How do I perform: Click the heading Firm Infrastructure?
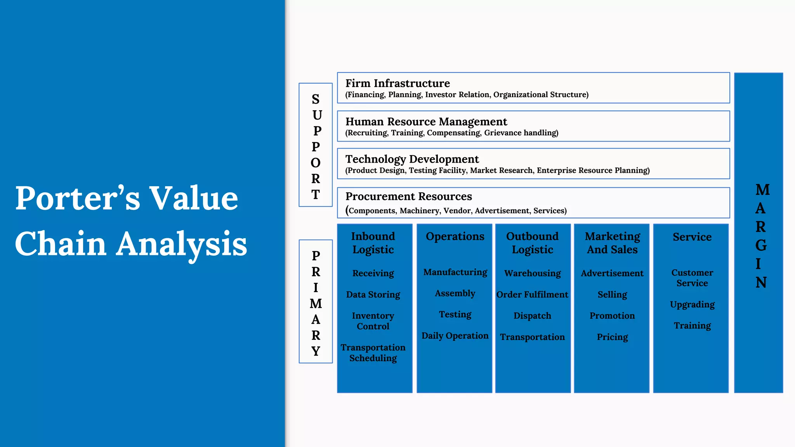click(x=397, y=83)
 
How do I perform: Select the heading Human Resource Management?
click(x=426, y=122)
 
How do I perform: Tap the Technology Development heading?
click(x=412, y=159)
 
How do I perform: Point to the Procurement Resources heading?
click(x=408, y=197)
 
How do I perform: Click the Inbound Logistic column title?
click(x=373, y=243)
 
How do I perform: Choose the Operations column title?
click(x=455, y=237)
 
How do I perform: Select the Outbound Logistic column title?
click(x=532, y=243)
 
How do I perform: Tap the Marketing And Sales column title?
click(x=612, y=243)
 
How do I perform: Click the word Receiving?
click(x=373, y=273)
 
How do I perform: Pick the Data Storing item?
click(x=373, y=295)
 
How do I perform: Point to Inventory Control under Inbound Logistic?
click(x=373, y=321)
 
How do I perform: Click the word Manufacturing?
click(x=455, y=272)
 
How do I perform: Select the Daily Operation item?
click(x=455, y=336)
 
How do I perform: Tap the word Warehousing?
click(x=532, y=273)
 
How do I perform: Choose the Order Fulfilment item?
click(x=532, y=295)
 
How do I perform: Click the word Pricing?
click(x=612, y=337)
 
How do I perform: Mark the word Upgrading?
click(x=692, y=305)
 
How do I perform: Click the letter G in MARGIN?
click(x=761, y=245)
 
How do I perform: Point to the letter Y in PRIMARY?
click(x=316, y=351)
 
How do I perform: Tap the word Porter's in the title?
click(x=78, y=198)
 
